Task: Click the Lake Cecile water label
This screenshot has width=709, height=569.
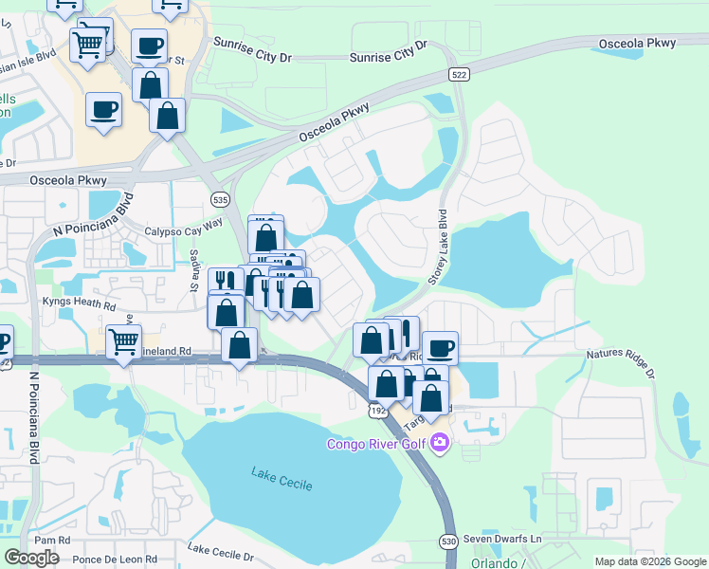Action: (x=281, y=479)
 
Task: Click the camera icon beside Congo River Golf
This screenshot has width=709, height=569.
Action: (x=439, y=443)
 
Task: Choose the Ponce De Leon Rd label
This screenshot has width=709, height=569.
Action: (x=115, y=560)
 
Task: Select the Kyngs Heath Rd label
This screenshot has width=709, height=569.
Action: (x=78, y=306)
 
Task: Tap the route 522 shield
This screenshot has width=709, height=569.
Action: (x=460, y=74)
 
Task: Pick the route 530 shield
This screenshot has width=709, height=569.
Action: (x=449, y=541)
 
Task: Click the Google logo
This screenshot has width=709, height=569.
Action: (x=31, y=558)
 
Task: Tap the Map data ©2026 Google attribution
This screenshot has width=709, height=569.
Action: (x=649, y=561)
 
